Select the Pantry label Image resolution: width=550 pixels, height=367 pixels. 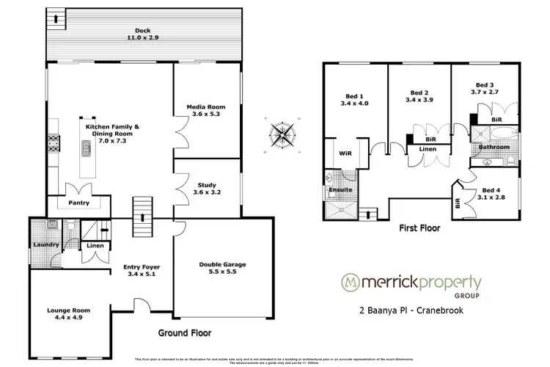pos(78,201)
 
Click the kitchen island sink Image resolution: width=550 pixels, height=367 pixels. pos(86,150)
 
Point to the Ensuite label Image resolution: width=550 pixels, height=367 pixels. pos(340,190)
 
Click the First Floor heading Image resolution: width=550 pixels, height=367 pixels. pos(419,228)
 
